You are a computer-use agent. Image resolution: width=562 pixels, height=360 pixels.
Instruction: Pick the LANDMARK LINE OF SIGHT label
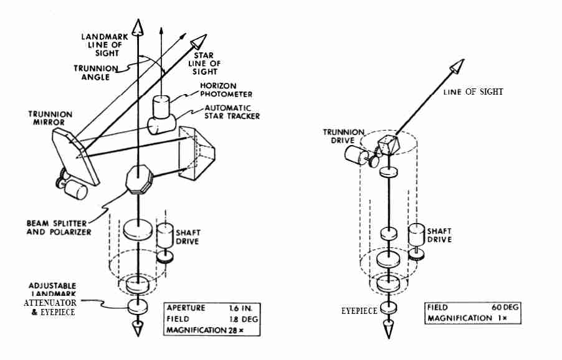(x=106, y=45)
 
